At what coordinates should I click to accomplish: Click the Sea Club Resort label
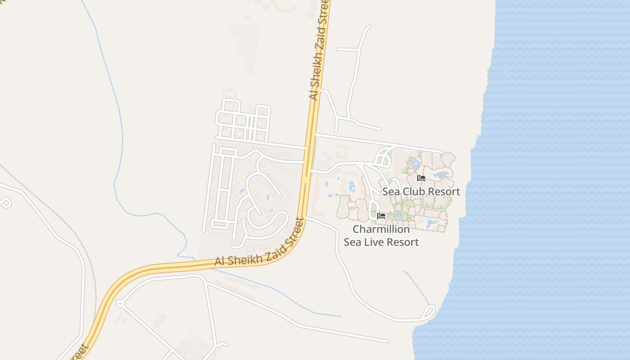421,191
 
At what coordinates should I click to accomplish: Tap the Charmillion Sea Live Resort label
381,235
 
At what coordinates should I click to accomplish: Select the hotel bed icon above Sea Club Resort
421,178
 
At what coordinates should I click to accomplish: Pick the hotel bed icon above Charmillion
381,216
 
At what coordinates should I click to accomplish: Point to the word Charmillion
381,229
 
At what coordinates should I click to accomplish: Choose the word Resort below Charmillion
402,242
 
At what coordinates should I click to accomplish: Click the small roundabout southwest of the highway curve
120,303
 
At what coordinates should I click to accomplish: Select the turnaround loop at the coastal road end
429,311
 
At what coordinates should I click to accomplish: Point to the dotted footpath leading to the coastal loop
417,288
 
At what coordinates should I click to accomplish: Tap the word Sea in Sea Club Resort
391,191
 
